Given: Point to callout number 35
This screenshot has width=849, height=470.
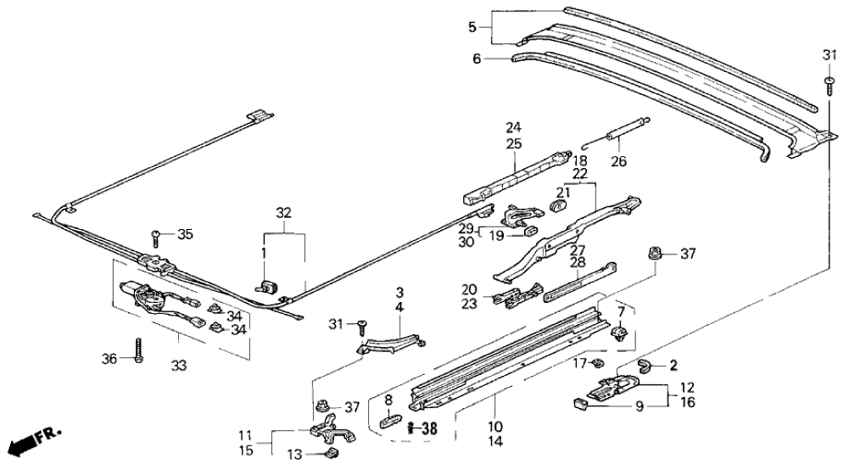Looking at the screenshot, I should pos(184,233).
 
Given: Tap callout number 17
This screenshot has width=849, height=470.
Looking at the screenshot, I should pos(579,364).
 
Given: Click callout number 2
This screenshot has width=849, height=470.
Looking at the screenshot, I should pos(674,366).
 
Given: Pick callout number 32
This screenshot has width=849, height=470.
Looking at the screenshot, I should pos(282,213).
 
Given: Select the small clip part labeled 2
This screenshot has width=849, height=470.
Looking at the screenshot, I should pos(648,366).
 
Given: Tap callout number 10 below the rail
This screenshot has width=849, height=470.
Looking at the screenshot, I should pos(494,426).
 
